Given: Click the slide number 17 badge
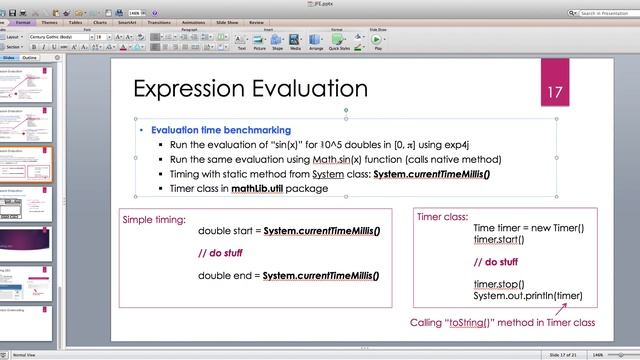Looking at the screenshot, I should (x=555, y=91).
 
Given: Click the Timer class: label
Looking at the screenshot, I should (x=442, y=215).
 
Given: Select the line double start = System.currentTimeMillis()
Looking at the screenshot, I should (x=288, y=231).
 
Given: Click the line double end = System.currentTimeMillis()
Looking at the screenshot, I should (x=288, y=275).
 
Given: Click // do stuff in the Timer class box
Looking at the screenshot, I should (x=496, y=262).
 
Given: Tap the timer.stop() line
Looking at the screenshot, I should (x=499, y=284).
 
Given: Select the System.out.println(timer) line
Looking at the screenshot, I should (x=528, y=295).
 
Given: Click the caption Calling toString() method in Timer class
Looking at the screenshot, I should (x=502, y=323).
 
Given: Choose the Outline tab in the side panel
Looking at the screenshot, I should (x=30, y=58).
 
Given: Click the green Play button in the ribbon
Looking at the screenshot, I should (x=376, y=41).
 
